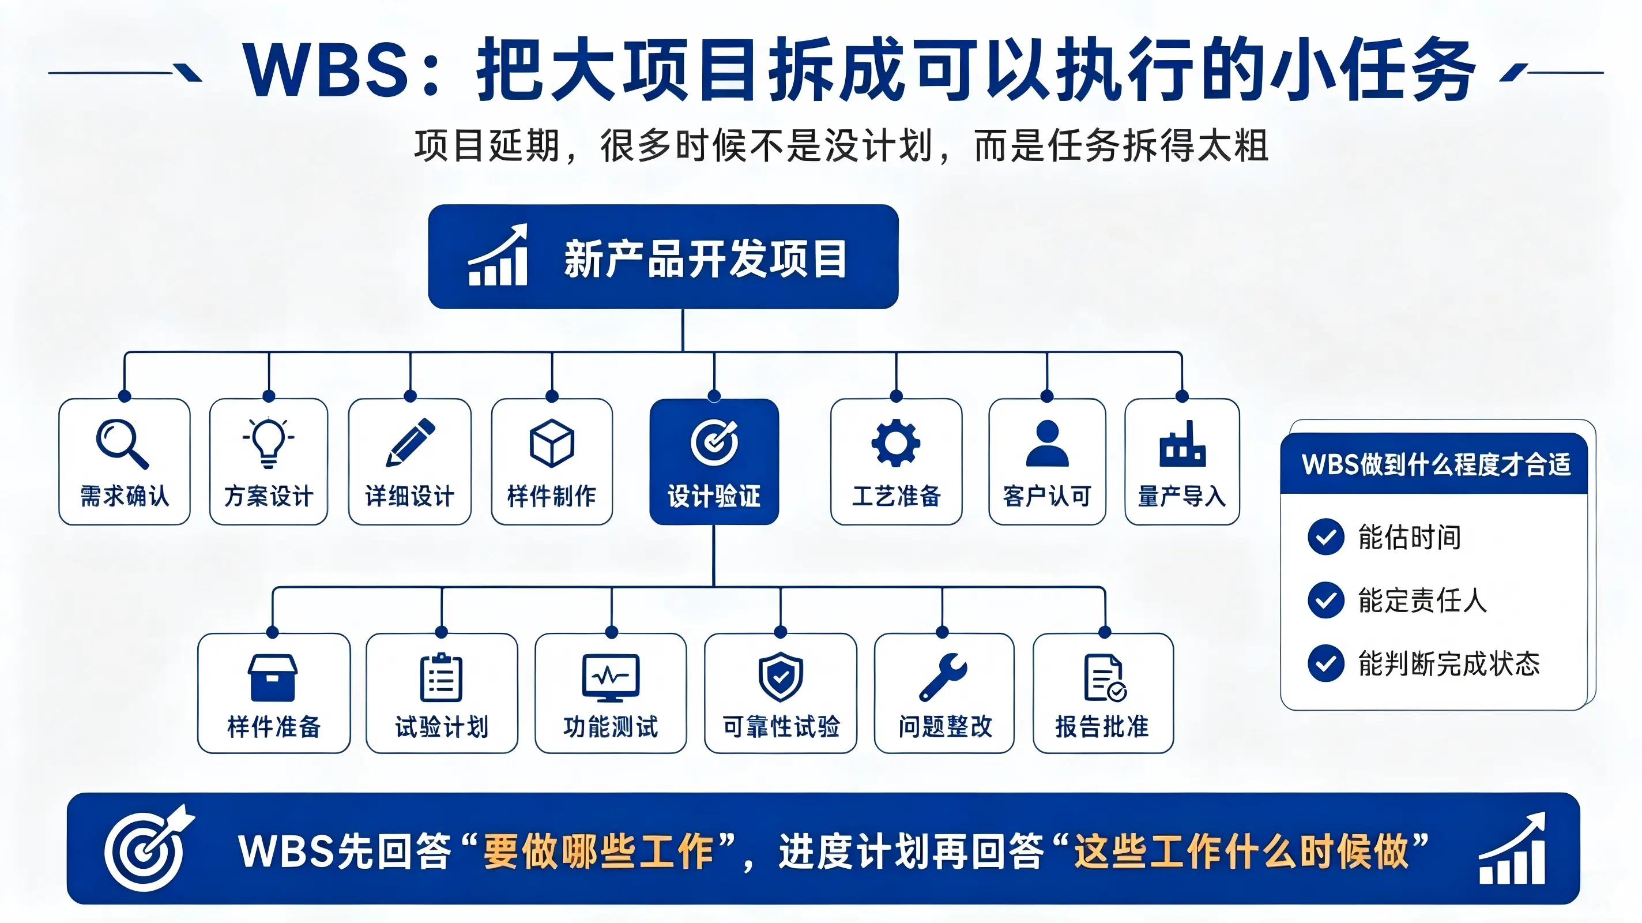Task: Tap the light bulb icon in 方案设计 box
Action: tap(268, 442)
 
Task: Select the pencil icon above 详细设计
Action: tap(410, 442)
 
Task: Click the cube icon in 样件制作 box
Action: tap(552, 443)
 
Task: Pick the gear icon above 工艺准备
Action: tap(895, 442)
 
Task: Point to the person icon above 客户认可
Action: tap(1047, 443)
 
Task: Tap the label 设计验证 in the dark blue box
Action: tap(714, 496)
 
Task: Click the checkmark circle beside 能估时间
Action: tap(1326, 536)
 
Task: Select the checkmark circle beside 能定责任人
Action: tap(1326, 600)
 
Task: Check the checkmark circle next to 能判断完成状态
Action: tap(1326, 663)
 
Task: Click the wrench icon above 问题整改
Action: tap(943, 677)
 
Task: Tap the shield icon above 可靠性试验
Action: tap(781, 677)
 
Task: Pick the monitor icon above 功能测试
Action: tap(611, 677)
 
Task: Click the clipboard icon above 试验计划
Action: tap(441, 677)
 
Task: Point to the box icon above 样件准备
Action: tap(272, 677)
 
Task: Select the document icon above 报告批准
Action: tap(1105, 677)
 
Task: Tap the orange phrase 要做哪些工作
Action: tap(598, 851)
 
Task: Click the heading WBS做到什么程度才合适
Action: tap(1436, 464)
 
